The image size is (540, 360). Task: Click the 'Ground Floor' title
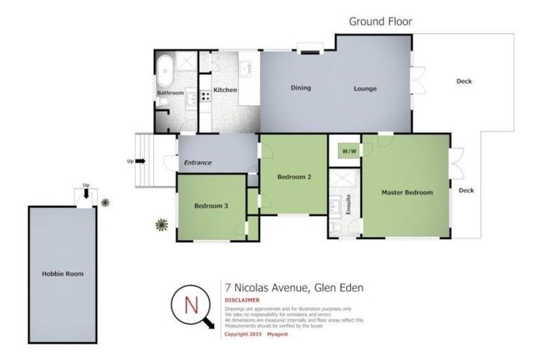[380, 21]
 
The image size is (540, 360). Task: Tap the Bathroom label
[170, 93]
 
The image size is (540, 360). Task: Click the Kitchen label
[225, 90]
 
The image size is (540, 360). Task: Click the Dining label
[301, 88]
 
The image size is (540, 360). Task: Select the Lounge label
[365, 89]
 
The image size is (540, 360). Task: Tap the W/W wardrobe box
[348, 151]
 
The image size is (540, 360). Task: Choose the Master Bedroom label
[406, 192]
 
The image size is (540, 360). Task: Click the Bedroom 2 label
[294, 176]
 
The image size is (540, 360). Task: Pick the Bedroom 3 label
[211, 206]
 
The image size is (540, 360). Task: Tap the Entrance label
[198, 162]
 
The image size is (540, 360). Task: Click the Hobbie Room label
[63, 274]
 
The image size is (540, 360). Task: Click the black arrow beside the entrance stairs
[140, 161]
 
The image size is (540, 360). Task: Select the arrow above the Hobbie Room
[86, 195]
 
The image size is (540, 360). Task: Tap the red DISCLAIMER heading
[242, 300]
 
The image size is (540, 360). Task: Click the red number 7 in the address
[228, 287]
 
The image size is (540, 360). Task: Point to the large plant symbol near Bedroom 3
[162, 225]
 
